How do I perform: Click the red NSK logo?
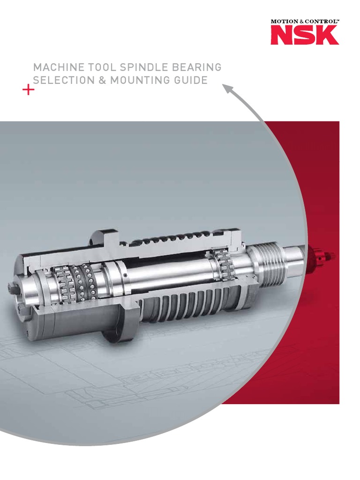(304, 35)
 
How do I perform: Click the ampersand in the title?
(102, 80)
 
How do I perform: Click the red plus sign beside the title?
(28, 90)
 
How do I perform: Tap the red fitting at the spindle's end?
(323, 255)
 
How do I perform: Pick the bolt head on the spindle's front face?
(13, 286)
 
